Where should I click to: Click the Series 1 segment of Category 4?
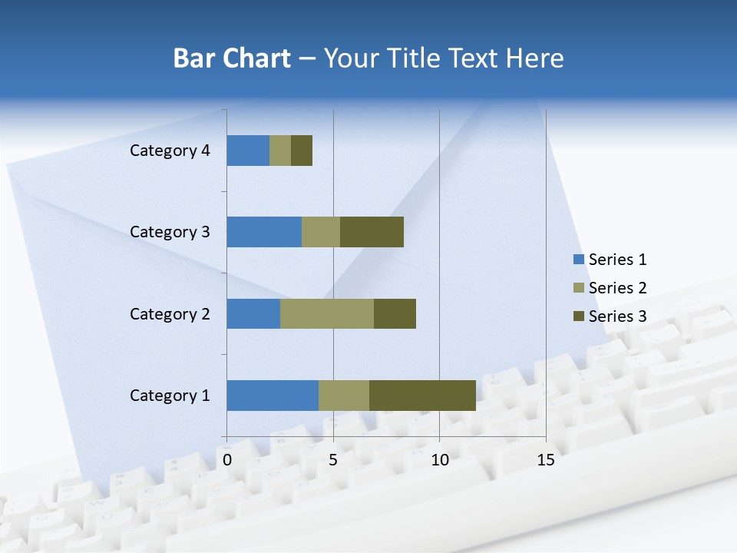[248, 151]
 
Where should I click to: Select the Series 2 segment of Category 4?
[280, 151]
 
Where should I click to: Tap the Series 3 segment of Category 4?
[302, 151]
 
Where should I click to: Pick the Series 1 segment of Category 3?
[264, 232]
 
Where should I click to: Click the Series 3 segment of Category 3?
[372, 232]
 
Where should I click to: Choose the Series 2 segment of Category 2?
[327, 313]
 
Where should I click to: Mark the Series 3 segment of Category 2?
[395, 313]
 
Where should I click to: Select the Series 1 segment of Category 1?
[273, 396]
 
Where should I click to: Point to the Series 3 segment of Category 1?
[422, 396]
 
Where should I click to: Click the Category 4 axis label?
[170, 151]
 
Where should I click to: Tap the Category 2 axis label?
[170, 313]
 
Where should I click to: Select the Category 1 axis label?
[170, 396]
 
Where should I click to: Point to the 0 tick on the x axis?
[227, 460]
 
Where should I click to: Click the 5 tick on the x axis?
[333, 460]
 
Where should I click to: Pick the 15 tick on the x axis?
[545, 460]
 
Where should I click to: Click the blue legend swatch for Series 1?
[579, 260]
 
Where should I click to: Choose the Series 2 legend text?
[617, 288]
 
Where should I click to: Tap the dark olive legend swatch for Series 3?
[579, 316]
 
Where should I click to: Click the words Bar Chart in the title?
[231, 58]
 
